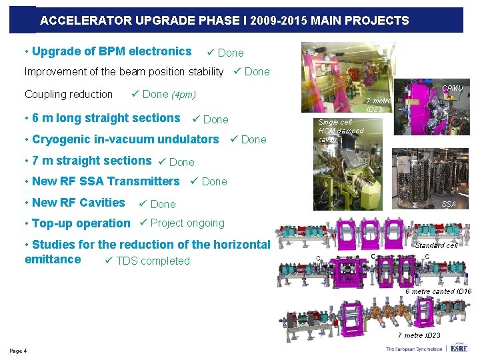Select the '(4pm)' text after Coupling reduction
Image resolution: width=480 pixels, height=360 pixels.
183,95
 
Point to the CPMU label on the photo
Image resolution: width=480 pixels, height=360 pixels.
453,88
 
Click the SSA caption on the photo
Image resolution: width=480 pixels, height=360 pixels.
449,204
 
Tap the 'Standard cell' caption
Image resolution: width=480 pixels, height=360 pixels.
436,245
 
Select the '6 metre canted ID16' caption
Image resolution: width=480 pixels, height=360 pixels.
438,291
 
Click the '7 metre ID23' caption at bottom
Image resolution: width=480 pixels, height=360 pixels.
419,335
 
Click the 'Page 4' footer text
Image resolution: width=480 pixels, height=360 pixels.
18,351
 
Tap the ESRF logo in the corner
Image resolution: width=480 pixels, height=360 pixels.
459,348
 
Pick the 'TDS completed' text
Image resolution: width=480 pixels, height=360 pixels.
153,261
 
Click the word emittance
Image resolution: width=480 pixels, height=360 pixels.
53,259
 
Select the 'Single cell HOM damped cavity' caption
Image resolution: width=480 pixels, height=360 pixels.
340,131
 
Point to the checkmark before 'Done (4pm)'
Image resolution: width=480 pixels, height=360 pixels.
135,94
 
